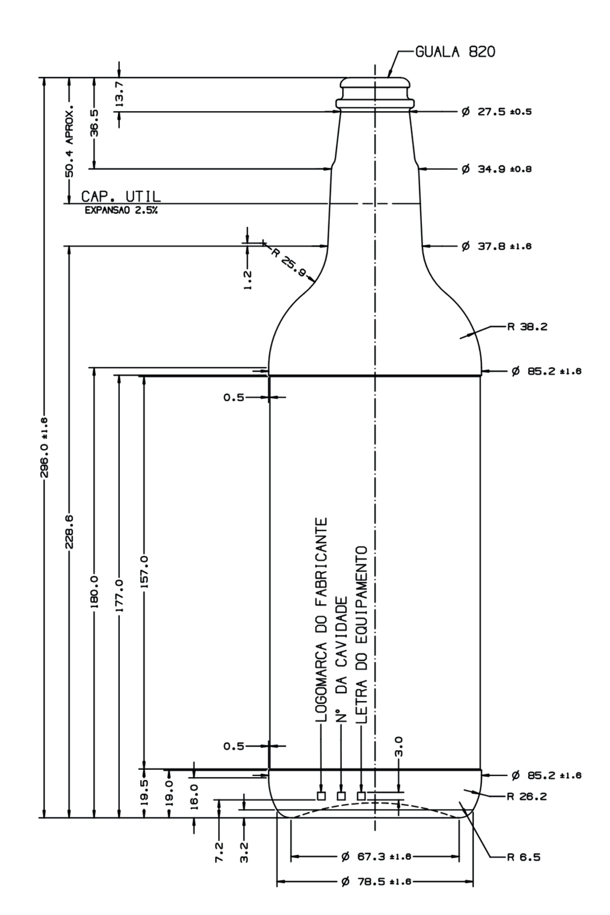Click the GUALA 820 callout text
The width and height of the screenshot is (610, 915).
coord(455,53)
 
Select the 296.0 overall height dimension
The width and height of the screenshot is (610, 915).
coord(45,447)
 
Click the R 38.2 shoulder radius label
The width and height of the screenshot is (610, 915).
coord(527,326)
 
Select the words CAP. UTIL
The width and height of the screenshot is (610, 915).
coord(121,197)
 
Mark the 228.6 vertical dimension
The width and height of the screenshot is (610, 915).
coord(69,531)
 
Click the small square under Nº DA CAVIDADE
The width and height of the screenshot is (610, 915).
coord(341,796)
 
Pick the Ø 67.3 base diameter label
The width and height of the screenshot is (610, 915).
coord(376,857)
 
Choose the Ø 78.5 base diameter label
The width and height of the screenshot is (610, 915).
coord(376,882)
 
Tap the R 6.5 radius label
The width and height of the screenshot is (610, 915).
coord(524,857)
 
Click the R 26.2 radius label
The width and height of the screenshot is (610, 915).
coord(527,796)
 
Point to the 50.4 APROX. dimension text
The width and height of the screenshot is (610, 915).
coord(69,140)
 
